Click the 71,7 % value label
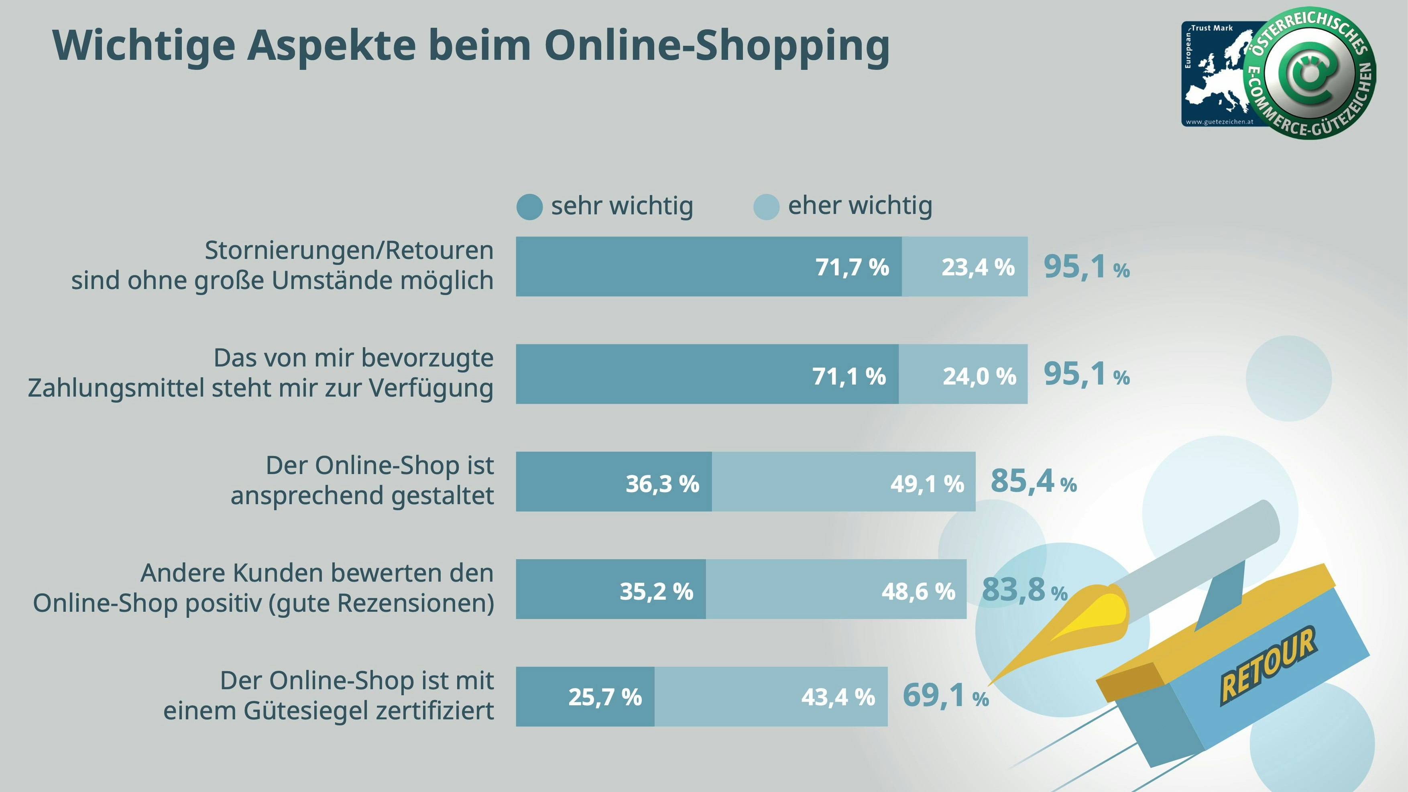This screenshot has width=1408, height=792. click(852, 267)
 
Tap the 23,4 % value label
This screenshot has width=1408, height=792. click(977, 267)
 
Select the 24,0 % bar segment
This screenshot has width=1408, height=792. click(963, 375)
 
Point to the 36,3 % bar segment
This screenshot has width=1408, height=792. click(614, 482)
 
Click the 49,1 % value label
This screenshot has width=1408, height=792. click(927, 484)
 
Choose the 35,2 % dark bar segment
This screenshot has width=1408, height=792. click(610, 589)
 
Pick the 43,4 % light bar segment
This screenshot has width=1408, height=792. click(771, 697)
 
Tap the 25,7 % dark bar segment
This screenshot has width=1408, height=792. click(585, 697)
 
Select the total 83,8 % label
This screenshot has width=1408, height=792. click(1024, 590)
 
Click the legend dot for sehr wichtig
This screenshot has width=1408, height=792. click(529, 207)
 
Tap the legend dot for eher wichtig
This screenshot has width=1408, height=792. click(766, 207)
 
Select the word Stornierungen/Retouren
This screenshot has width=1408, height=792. click(349, 251)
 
